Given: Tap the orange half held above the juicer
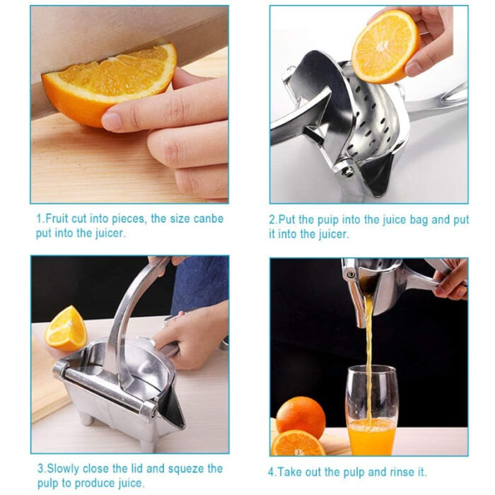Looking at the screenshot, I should [x=385, y=46].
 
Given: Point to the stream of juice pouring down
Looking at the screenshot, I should [x=368, y=354].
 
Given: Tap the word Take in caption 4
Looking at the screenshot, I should [x=292, y=472].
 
